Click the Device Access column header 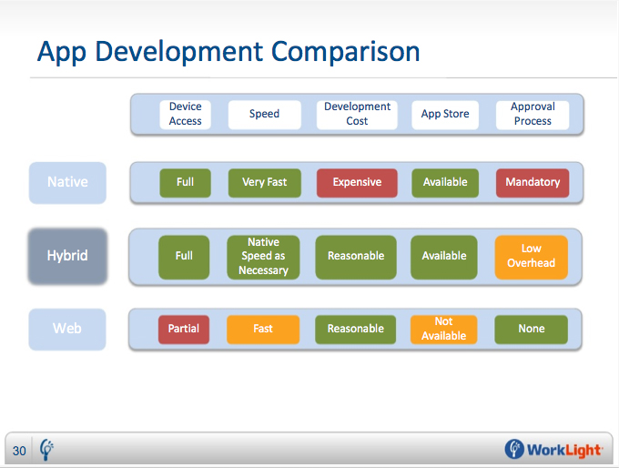185,115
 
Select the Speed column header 265,115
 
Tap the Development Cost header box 357,115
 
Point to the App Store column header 445,115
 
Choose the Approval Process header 533,115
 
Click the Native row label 67,182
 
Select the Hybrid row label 67,256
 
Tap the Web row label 67,329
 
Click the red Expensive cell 357,183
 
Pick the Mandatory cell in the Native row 533,183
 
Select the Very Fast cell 265,183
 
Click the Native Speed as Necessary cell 263,257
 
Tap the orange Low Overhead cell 532,257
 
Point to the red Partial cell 184,330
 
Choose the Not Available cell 443,330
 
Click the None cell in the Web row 532,330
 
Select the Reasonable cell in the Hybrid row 356,257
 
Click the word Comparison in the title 345,52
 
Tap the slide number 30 19,451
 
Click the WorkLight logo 553,450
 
